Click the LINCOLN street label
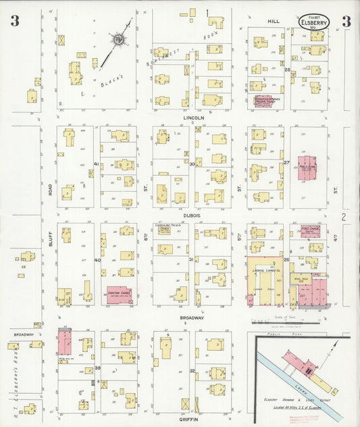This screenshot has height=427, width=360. [x=193, y=117]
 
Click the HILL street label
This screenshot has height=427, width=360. [x=274, y=22]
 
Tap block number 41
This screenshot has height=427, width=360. [x=97, y=164]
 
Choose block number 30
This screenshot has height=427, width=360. [x=192, y=164]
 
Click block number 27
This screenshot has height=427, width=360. [x=286, y=163]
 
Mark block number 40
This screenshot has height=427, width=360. [x=97, y=260]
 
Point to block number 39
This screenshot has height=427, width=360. [x=97, y=368]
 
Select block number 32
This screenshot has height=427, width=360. [x=192, y=370]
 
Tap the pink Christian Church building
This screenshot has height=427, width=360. [x=118, y=294]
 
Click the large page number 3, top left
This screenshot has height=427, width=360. [x=14, y=21]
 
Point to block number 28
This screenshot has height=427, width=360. [x=287, y=70]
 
